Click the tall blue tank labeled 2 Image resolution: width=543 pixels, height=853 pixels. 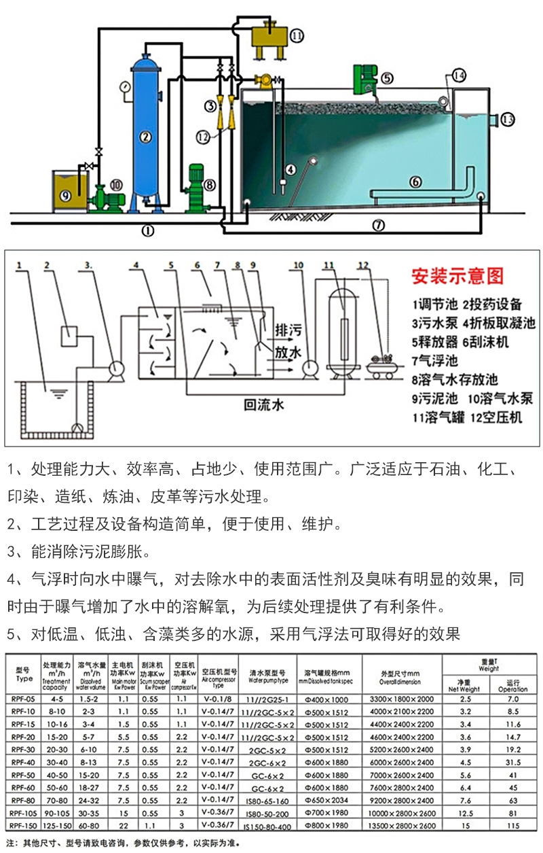(145, 129)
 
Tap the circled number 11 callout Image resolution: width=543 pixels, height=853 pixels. (297, 35)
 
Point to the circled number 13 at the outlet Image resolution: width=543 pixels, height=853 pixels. (508, 120)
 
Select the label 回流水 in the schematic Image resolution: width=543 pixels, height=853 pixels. (264, 406)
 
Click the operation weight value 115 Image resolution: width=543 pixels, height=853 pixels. (512, 826)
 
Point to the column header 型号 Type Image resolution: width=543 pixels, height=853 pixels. (24, 674)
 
